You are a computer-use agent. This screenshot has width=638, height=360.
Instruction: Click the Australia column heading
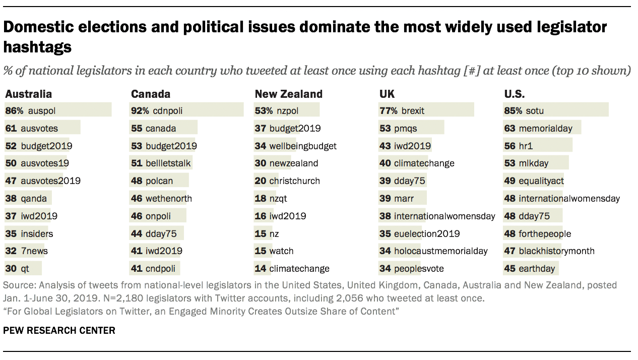point(28,94)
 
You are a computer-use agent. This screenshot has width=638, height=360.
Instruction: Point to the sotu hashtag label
point(534,110)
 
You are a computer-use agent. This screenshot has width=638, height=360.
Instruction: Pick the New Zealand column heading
point(288,94)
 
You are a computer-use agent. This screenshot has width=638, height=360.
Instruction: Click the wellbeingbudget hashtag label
point(303,146)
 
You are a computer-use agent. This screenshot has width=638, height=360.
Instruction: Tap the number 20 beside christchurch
point(260,181)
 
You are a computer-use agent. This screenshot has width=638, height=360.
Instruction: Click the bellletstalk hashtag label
point(168,163)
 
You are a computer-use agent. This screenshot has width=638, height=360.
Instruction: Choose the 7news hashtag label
point(34,251)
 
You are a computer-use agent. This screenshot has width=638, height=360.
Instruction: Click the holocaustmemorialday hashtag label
point(441,251)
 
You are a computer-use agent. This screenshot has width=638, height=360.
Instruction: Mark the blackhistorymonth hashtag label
point(556,251)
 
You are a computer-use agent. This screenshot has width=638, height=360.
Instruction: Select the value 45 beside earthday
point(509,269)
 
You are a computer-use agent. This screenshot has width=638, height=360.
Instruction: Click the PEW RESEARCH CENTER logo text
point(59,331)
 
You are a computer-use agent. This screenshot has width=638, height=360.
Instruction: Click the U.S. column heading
point(515,94)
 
